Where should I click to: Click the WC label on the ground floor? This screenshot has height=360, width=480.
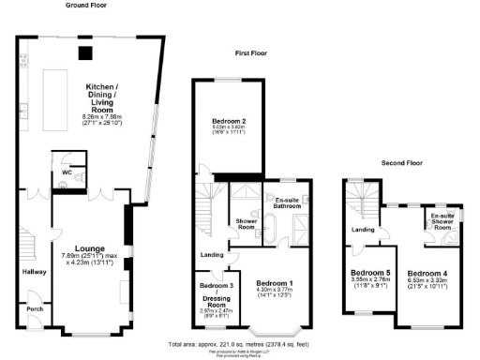coord(66,172)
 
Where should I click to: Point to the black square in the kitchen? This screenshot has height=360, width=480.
coord(84,53)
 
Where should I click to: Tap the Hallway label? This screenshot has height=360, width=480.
coord(34,273)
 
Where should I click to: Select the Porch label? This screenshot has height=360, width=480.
coord(35,309)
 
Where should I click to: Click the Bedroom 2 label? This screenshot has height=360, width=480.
coord(229,121)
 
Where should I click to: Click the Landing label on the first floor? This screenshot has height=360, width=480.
coord(211,254)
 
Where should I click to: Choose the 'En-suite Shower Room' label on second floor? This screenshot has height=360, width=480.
coord(440,221)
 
